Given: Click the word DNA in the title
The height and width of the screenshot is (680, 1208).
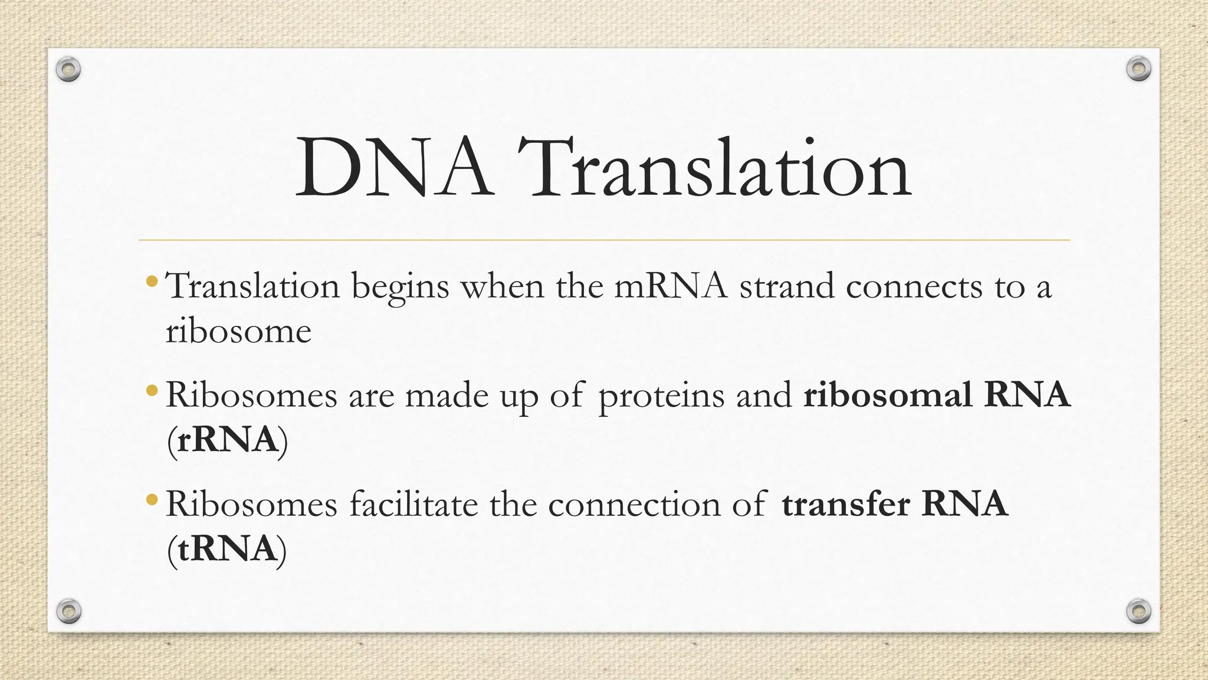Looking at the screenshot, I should [x=394, y=168].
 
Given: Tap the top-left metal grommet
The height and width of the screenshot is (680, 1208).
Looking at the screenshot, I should [x=68, y=70].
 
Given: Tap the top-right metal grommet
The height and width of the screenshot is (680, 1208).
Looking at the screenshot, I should [x=1138, y=69].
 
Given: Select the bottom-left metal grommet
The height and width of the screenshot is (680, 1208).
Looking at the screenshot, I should [x=69, y=611].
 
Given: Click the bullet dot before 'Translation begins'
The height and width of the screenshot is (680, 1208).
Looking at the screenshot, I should [x=152, y=281].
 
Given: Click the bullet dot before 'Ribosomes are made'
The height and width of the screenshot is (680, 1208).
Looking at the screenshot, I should [x=152, y=390].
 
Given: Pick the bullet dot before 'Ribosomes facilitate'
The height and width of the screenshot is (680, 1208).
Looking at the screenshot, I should [x=152, y=500].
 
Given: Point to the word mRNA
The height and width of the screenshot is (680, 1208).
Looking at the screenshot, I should [x=671, y=287].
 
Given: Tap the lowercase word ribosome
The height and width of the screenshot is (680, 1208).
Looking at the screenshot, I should [x=238, y=331].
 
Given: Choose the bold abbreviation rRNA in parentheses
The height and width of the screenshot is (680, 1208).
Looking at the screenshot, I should [x=228, y=440].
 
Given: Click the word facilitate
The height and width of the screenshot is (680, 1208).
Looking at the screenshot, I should [x=413, y=504].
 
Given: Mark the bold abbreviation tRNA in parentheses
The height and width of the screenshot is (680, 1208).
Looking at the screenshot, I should [x=227, y=549].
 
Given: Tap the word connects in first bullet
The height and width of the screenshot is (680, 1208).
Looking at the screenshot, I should [x=914, y=287].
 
